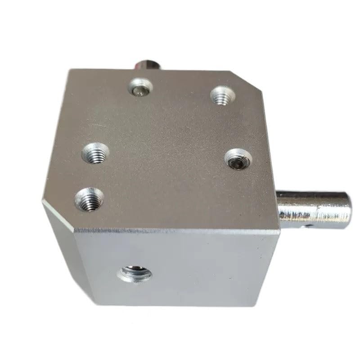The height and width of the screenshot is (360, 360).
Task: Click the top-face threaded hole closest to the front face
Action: (x=89, y=198)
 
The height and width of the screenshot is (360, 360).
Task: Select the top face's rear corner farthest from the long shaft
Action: (x=68, y=71)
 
